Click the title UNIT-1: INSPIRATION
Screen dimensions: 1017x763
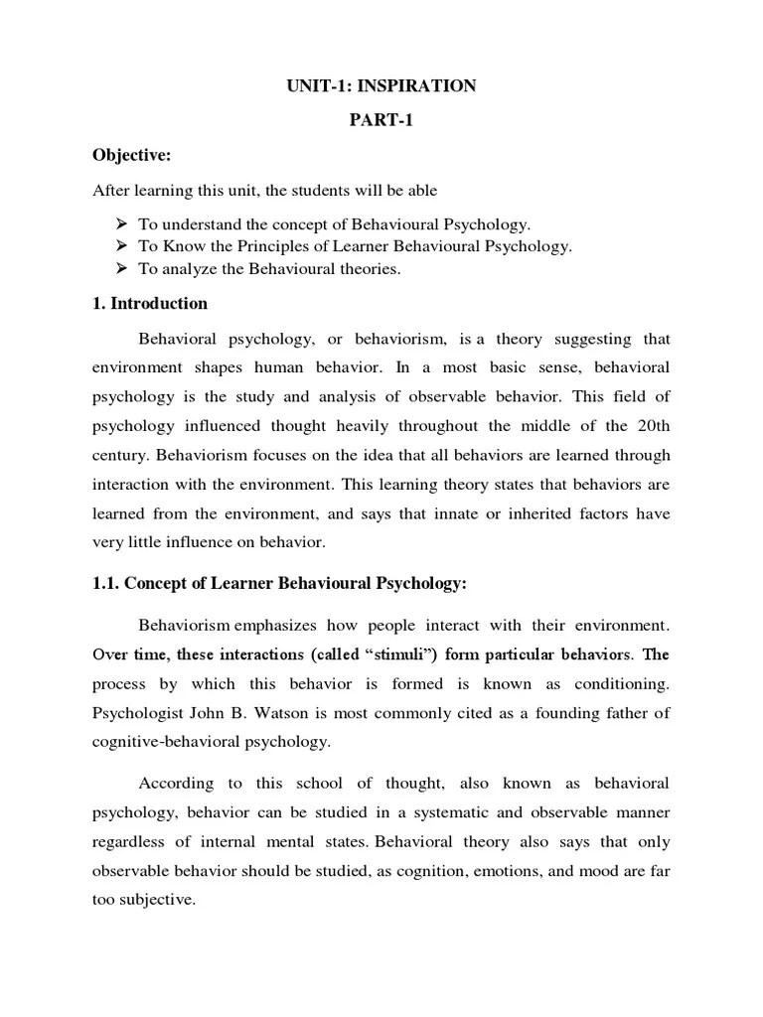381,86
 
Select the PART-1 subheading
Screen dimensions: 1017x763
381,120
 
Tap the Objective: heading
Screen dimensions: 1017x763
131,155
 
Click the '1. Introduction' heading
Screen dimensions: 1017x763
150,303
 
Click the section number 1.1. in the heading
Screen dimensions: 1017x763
107,584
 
